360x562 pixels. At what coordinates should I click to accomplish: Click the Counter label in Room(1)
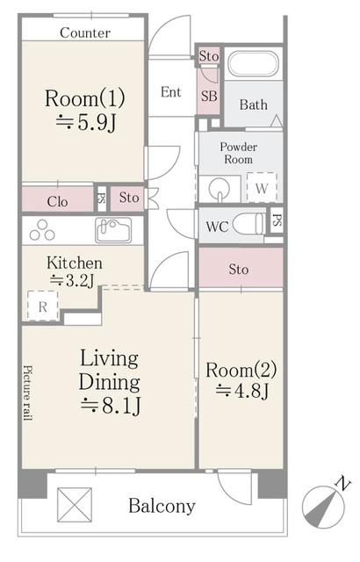(85, 33)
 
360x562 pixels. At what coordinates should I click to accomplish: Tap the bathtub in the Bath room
(253, 63)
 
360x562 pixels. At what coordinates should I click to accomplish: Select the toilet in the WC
(249, 225)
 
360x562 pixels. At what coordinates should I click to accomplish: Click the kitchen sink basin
(113, 230)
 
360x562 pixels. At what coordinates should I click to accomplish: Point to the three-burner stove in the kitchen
(42, 230)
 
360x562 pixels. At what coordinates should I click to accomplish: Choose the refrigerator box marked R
(43, 306)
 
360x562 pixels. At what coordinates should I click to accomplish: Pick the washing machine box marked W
(262, 187)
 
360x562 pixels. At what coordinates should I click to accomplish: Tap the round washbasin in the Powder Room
(220, 189)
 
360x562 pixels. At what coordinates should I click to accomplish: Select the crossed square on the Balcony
(75, 505)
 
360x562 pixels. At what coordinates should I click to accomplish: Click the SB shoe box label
(209, 96)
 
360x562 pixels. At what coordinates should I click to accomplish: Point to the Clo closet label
(57, 201)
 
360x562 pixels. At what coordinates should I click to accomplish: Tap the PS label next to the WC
(277, 220)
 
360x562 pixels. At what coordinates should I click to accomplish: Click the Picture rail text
(28, 393)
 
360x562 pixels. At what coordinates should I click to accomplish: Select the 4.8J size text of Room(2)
(242, 391)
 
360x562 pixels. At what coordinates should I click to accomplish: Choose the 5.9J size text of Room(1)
(86, 123)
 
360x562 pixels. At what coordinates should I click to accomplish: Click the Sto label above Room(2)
(239, 270)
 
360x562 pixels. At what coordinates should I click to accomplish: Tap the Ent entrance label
(171, 92)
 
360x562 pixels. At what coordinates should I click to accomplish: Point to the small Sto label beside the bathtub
(209, 56)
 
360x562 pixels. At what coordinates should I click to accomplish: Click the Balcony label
(162, 506)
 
